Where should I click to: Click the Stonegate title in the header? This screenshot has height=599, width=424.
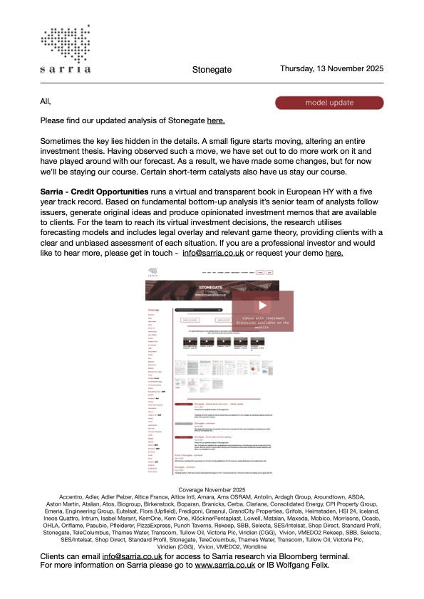tap(211, 70)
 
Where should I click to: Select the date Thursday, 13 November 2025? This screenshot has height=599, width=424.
tap(331, 69)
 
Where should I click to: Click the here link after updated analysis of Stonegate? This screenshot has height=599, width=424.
tap(216, 122)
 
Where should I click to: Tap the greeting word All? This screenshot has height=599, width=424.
tap(46, 103)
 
